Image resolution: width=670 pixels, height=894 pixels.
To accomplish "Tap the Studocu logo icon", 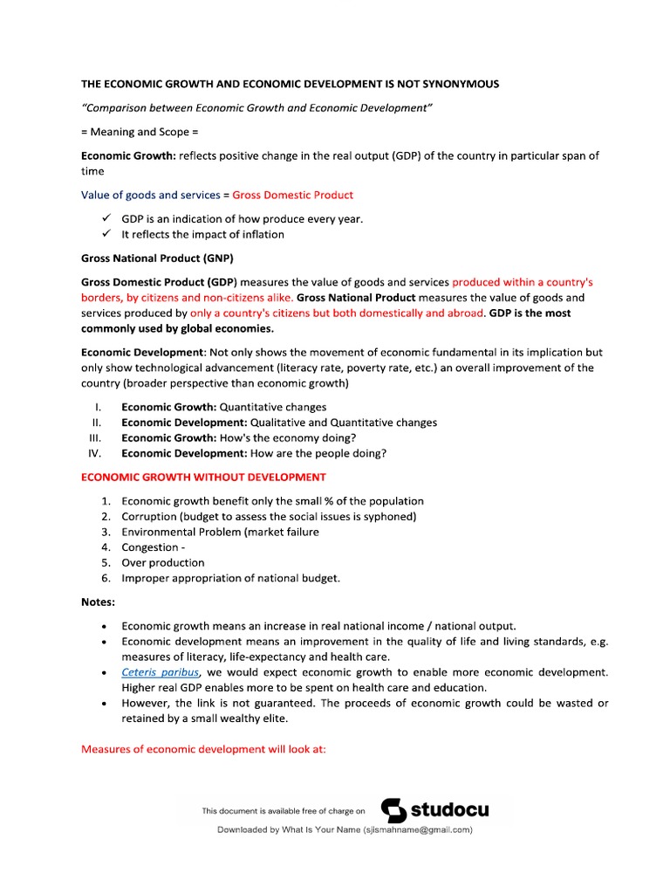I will pyautogui.click(x=394, y=810).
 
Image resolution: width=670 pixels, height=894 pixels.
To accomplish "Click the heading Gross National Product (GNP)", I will pyautogui.click(x=157, y=258).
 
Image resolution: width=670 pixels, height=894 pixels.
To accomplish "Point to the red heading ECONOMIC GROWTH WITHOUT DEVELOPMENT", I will pyautogui.click(x=203, y=477).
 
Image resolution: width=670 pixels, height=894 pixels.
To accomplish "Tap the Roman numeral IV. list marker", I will pyautogui.click(x=95, y=453).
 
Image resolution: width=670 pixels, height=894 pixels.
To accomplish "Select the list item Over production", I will pyautogui.click(x=163, y=562).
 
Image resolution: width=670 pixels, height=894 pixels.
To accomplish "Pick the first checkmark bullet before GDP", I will pyautogui.click(x=106, y=218).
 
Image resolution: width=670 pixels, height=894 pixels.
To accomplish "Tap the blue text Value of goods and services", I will pyautogui.click(x=151, y=195).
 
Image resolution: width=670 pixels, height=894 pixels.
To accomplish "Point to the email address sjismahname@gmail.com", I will pyautogui.click(x=418, y=830).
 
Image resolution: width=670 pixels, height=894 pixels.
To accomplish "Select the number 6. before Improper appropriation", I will pyautogui.click(x=106, y=578).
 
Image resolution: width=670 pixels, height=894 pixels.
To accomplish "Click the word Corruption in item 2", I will pyautogui.click(x=151, y=516).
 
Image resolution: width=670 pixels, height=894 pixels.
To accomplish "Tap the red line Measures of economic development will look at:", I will pyautogui.click(x=203, y=749).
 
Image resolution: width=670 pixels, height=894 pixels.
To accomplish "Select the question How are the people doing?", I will pyautogui.click(x=318, y=453).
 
